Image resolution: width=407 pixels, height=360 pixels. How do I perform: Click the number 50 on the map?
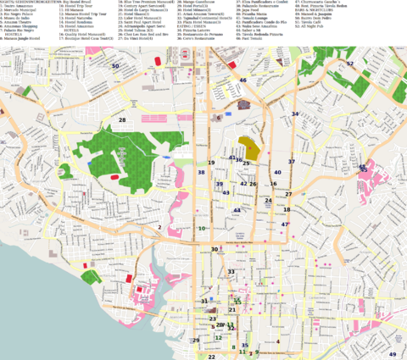point(115,65)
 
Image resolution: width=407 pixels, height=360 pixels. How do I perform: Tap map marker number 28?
point(122,120)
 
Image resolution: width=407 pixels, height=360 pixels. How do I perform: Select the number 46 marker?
point(243,80)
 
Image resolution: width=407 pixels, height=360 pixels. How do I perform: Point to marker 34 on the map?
point(295,114)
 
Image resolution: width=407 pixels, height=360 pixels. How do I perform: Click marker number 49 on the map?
point(393,353)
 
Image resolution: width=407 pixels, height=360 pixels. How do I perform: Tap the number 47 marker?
point(285,224)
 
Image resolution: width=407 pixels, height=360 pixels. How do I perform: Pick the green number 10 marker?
point(202,228)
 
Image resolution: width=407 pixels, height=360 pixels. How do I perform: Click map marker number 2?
point(159,227)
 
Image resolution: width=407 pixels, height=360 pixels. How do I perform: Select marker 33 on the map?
point(231,272)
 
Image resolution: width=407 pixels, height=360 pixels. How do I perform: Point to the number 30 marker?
point(215,249)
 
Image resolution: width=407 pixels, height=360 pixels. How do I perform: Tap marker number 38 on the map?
point(201,172)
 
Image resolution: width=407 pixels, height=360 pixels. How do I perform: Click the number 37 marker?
point(291,161)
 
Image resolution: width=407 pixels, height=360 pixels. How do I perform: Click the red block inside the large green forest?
point(114,177)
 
